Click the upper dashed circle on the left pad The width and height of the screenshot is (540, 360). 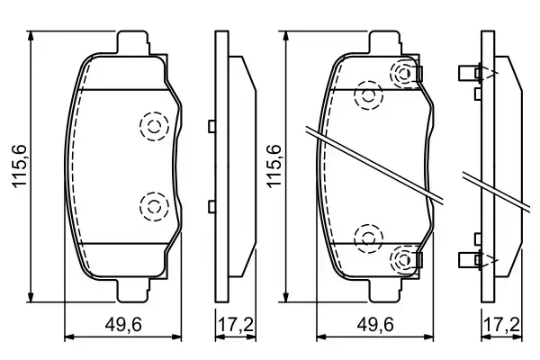pos(154,127)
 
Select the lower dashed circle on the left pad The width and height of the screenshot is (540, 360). pos(154,207)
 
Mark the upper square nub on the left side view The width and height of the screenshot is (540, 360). pos(211,127)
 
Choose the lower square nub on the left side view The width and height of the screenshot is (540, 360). pos(211,207)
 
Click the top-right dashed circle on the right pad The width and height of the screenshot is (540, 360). pos(404,73)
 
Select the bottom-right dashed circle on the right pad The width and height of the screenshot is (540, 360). pos(404,260)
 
